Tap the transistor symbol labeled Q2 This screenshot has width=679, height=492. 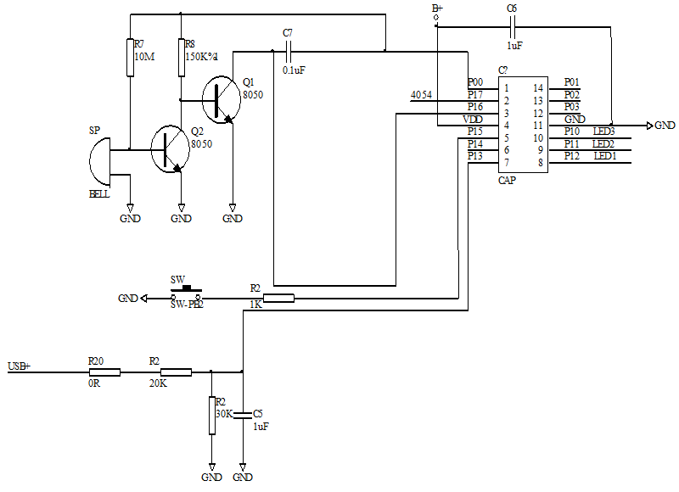(168, 149)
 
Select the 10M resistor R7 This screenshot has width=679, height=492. (129, 58)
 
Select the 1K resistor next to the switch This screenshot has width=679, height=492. (278, 298)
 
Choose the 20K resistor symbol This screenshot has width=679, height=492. (176, 372)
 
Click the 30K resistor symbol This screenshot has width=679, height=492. (211, 415)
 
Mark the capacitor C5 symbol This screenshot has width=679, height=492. (243, 415)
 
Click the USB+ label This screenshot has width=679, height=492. (19, 366)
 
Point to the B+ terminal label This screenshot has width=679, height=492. (437, 8)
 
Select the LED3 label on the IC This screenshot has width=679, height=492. (603, 131)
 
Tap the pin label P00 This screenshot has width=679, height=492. (475, 82)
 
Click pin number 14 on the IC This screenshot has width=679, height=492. (538, 88)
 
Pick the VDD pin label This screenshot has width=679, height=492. (473, 120)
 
